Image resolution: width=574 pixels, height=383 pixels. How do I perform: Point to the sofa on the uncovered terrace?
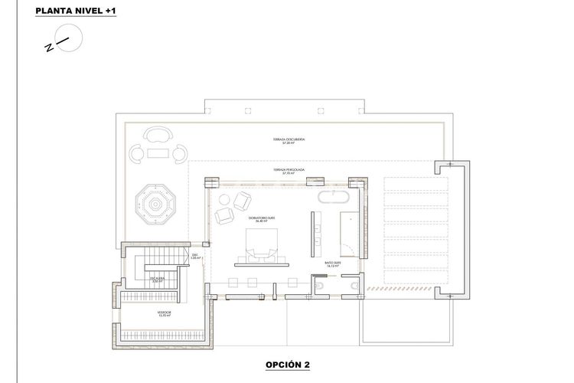click(x=156, y=136)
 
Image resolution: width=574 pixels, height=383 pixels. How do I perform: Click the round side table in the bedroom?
click(x=224, y=200)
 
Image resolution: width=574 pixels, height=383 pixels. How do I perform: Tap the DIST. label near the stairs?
click(x=195, y=257)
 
